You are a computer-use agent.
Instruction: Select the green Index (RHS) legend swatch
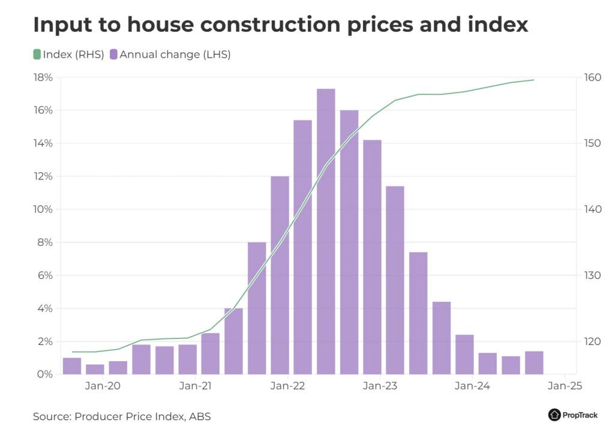point(37,55)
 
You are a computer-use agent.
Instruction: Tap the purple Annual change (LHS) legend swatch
point(113,55)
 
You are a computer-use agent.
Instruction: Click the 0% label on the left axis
point(46,374)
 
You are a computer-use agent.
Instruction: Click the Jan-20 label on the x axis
point(103,386)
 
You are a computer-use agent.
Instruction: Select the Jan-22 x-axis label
point(288,386)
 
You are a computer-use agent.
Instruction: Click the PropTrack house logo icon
point(554,415)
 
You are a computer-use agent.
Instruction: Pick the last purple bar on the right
point(533,362)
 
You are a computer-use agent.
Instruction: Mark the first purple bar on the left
point(72,366)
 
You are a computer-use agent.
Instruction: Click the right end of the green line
point(533,80)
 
